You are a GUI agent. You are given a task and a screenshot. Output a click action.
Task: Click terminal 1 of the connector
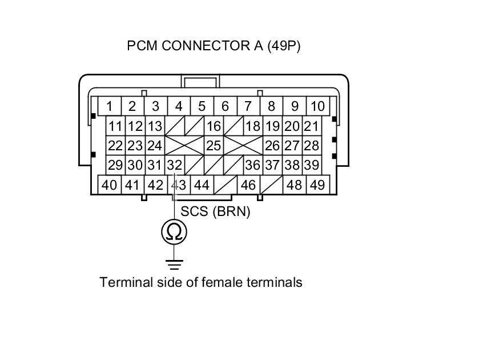[x=109, y=106]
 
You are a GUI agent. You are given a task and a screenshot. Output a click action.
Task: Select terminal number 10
[x=318, y=106]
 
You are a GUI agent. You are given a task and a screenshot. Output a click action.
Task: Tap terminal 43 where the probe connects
[x=179, y=185]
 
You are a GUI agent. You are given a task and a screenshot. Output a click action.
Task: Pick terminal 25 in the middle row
[x=214, y=146]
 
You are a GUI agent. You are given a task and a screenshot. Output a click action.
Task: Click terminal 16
[x=214, y=126]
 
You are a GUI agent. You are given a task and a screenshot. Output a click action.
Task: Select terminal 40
[x=109, y=185]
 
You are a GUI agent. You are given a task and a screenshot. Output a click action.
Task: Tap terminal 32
[x=175, y=165]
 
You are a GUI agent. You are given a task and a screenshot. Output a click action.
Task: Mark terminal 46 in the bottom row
[x=248, y=185]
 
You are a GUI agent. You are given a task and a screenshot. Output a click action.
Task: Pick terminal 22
[x=116, y=146]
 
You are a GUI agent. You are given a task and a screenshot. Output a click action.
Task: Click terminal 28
[x=311, y=146]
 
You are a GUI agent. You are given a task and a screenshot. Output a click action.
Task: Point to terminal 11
[x=116, y=126]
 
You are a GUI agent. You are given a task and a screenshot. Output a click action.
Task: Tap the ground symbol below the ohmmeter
[x=174, y=264]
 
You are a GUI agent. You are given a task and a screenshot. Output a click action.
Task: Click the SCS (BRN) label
[x=216, y=211]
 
